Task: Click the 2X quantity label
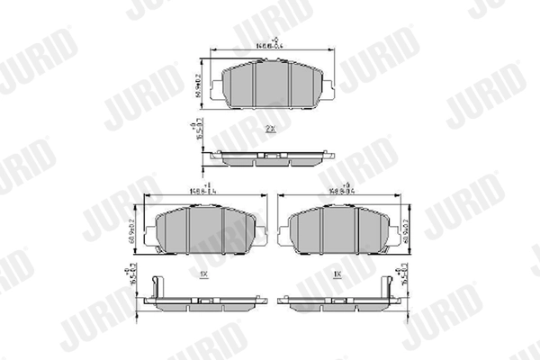(x=270, y=130)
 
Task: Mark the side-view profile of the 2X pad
(x=271, y=159)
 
